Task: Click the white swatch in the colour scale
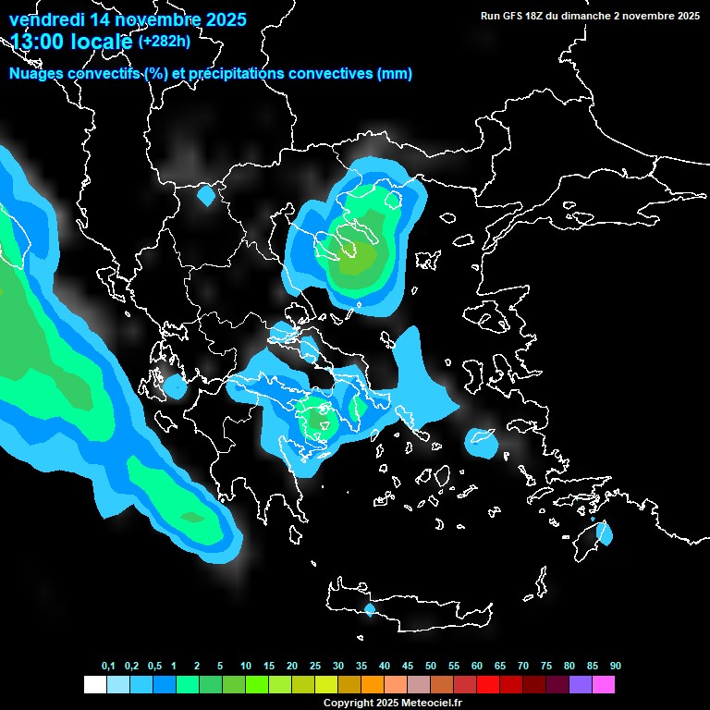point(94,685)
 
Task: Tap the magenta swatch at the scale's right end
point(604,685)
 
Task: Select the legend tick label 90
point(615,666)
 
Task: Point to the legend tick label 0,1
point(108,666)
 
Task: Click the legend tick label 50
point(431,666)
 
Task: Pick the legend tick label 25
point(315,666)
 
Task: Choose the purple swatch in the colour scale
point(581,685)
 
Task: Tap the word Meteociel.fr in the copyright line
point(433,704)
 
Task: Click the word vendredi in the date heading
point(44,19)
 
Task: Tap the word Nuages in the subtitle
point(36,74)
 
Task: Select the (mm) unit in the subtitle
point(395,74)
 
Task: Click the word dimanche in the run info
point(615,16)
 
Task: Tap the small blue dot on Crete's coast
point(370,609)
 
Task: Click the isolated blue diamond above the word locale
point(205,196)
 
